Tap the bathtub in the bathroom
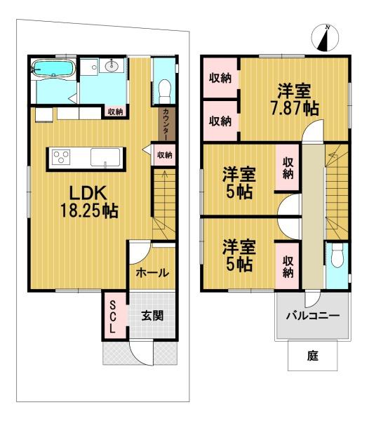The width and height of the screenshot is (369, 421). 53,69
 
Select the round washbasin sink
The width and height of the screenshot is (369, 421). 111,65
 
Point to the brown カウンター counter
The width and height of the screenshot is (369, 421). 166,123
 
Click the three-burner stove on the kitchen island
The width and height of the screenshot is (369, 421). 62,157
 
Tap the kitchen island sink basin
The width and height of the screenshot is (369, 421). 105,157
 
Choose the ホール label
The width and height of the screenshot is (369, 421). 152,273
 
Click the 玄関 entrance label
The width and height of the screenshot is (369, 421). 152,315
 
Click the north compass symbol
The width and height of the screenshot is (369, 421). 325,38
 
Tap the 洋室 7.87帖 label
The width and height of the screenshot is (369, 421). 295,99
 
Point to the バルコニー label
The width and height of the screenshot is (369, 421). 313,316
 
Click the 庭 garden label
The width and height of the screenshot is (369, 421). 313,356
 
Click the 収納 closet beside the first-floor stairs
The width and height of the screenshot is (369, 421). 164,155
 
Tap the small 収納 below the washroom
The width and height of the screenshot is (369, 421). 115,112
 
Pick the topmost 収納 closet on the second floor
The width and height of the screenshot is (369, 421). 220,78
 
